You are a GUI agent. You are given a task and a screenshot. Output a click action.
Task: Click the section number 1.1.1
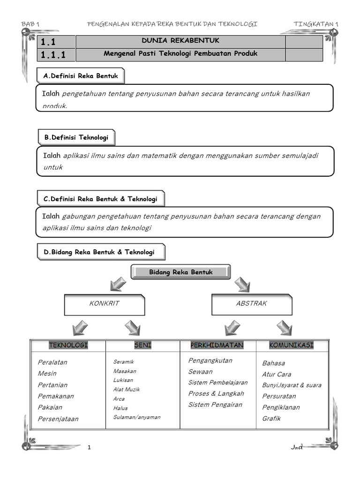pos(53,55)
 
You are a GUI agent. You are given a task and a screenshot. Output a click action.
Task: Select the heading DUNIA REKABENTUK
pos(180,41)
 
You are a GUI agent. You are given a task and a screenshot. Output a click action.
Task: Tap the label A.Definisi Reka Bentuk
pos(81,76)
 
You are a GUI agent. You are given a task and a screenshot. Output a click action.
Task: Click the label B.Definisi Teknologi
pos(76,137)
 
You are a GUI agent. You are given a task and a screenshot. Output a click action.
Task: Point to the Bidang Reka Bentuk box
pos(181,272)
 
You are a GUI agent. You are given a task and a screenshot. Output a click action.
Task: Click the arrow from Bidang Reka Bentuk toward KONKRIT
pos(117,284)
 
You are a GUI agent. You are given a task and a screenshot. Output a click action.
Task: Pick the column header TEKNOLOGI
pos(68,345)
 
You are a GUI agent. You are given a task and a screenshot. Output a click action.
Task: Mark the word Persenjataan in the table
pos(58,419)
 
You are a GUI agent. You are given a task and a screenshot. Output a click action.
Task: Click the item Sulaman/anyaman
pos(136,417)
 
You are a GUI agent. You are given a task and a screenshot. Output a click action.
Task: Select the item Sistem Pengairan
pos(215,405)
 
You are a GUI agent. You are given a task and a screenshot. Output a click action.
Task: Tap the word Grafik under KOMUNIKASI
pos(271,418)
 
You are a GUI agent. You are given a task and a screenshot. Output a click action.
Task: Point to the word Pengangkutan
pos(210,360)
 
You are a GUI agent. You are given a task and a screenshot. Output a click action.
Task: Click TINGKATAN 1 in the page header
pos(315,24)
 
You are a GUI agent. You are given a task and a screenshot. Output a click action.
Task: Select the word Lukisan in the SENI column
pos(123,380)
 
